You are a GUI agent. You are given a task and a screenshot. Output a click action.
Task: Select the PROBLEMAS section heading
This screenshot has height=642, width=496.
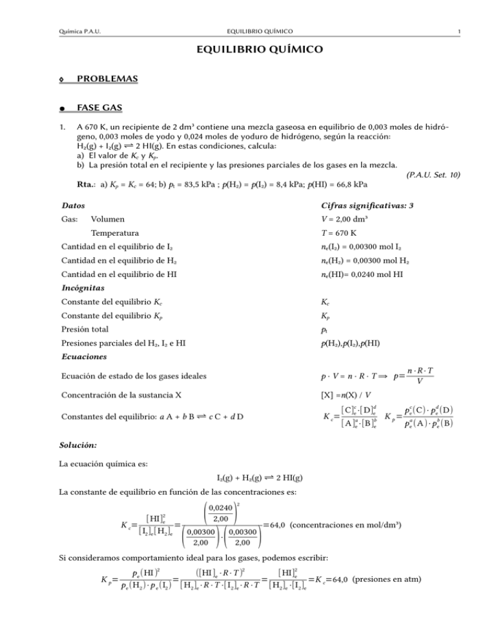108,79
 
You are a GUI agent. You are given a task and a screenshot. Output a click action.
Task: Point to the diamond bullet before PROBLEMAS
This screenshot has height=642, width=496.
61,79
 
